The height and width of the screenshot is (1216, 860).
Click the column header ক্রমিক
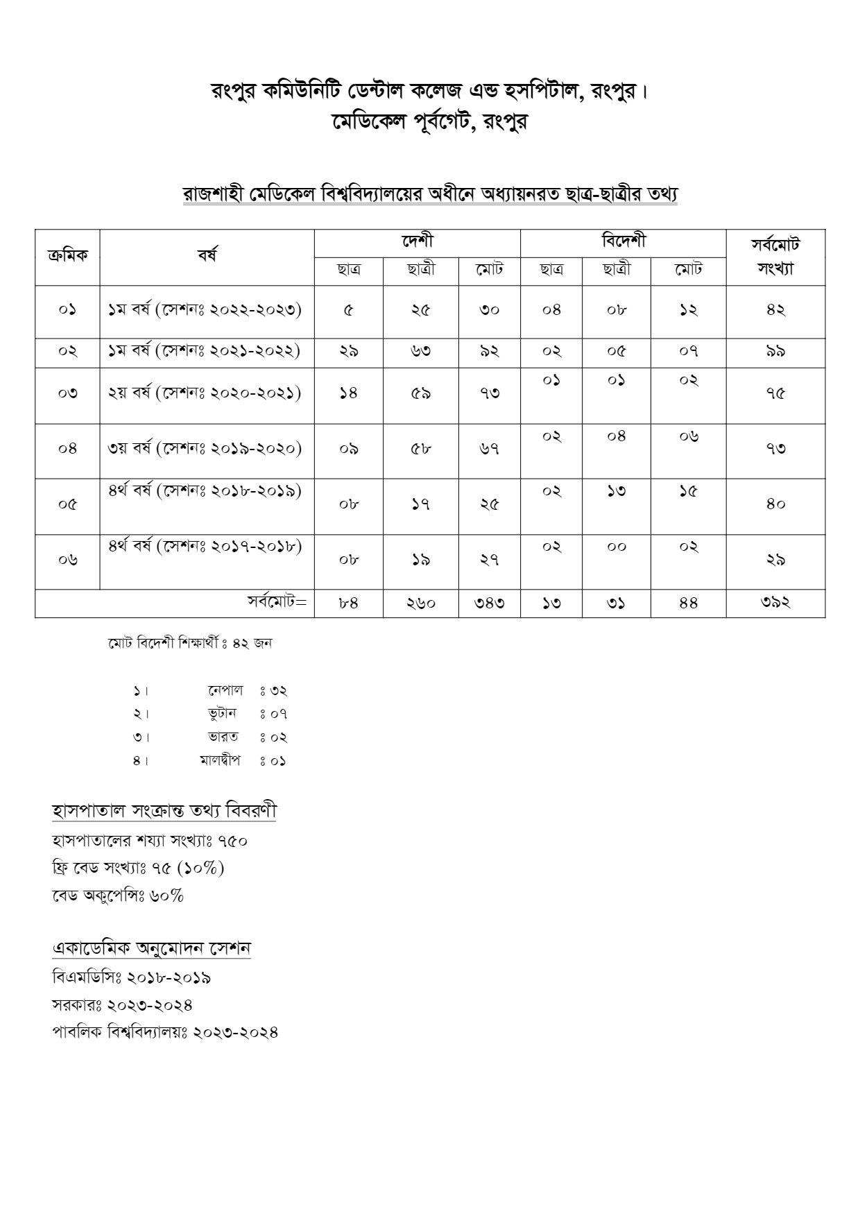tap(67, 256)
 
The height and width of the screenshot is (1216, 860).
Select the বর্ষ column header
tap(207, 256)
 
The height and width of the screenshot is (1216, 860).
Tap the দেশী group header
tap(417, 242)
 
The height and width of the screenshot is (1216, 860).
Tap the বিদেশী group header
tap(623, 242)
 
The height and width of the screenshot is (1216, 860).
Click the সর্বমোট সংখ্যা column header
tap(775, 257)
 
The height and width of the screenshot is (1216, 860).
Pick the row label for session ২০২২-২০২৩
tap(205, 310)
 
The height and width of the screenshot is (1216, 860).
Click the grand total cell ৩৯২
tap(775, 603)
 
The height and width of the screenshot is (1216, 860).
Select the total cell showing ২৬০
tap(420, 603)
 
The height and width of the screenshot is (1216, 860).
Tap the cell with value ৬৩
tap(420, 352)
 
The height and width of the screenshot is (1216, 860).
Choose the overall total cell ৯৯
tap(775, 352)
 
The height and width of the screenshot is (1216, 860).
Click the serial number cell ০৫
tap(67, 505)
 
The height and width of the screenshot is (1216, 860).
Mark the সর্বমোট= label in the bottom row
tap(277, 601)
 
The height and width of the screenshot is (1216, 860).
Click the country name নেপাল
tap(225, 690)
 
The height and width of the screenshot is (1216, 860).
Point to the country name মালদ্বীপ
tap(220, 760)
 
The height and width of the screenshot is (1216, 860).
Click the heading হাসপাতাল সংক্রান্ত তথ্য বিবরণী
tap(164, 810)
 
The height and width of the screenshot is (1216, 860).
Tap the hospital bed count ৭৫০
tap(232, 841)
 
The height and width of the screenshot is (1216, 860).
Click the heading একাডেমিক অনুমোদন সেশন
tap(151, 948)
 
